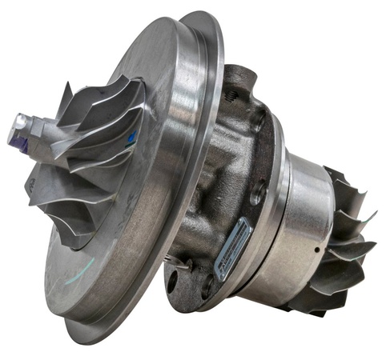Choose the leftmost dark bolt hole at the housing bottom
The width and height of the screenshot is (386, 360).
171,280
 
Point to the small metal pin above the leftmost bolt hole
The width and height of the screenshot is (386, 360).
178,259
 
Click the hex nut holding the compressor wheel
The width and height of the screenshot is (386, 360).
35,133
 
